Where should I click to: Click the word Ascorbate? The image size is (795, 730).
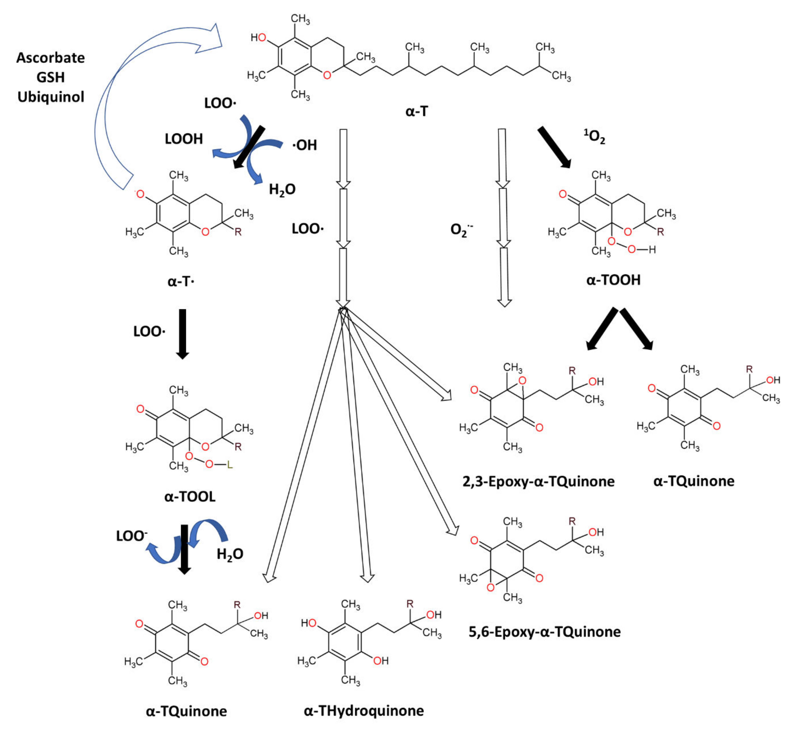[x=51, y=58]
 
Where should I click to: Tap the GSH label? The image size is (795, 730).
[x=51, y=77]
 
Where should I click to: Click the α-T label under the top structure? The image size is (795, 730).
[x=416, y=111]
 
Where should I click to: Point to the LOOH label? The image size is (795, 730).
[x=184, y=139]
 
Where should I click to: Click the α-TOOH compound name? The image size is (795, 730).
[x=613, y=280]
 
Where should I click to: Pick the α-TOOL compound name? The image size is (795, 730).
[x=190, y=497]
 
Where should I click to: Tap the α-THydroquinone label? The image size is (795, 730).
[x=363, y=711]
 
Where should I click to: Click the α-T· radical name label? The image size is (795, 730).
[x=181, y=282]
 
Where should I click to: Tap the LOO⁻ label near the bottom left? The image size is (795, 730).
[x=132, y=536]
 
